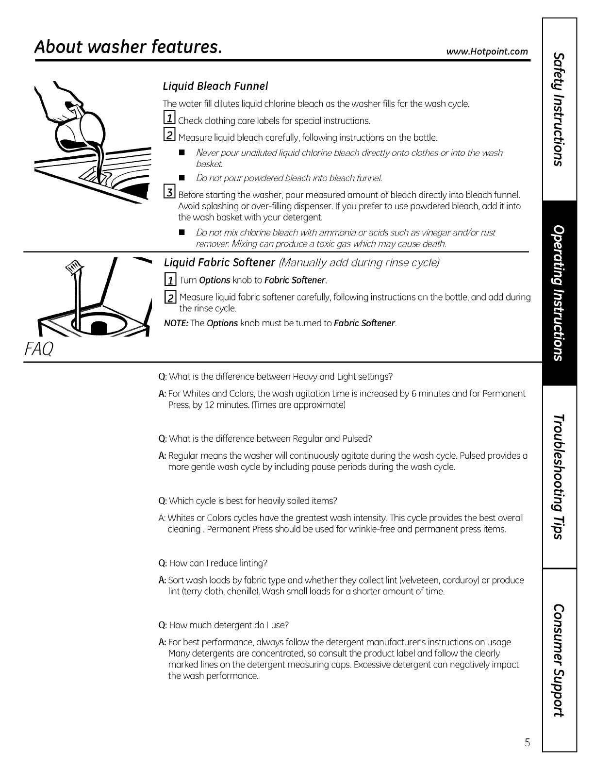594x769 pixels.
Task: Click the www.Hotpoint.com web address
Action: coord(494,51)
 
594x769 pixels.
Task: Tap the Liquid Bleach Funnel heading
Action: coord(215,86)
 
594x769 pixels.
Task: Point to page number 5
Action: coord(527,742)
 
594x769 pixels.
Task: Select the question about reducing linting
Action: coord(214,563)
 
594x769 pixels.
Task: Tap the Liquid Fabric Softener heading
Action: coord(219,263)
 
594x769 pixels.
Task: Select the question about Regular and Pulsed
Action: coord(265,439)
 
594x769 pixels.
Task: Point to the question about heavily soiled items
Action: coord(248,501)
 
